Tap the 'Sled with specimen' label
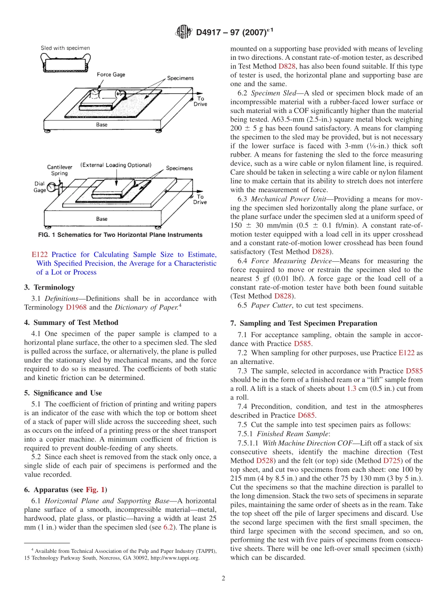(x=65, y=48)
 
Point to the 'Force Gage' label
(x=111, y=74)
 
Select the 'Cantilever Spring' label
(x=59, y=170)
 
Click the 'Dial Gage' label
(x=40, y=187)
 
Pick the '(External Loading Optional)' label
(x=115, y=165)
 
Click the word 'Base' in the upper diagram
(x=102, y=125)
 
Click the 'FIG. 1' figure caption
(x=120, y=235)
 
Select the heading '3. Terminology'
(x=49, y=287)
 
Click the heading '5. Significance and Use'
(x=63, y=393)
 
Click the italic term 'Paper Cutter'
(x=268, y=305)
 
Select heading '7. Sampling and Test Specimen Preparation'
(x=303, y=323)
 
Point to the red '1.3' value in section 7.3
(x=351, y=389)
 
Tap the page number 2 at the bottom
(x=223, y=578)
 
